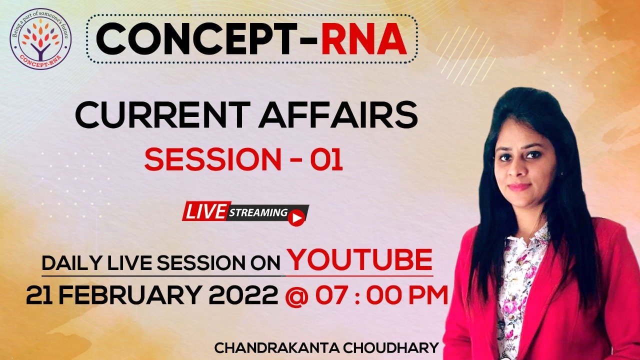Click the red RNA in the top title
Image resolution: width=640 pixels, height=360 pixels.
tap(364, 39)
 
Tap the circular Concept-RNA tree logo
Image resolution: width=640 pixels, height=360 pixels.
tap(40, 38)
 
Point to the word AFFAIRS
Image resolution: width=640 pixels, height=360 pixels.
tap(338, 115)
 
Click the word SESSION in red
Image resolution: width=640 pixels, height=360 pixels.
tap(213, 160)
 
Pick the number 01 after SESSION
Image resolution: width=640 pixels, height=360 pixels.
tap(327, 160)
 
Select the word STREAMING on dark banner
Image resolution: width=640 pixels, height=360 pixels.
tap(258, 213)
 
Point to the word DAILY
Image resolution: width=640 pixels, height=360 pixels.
tap(72, 263)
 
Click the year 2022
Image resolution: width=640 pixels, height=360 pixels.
tap(243, 295)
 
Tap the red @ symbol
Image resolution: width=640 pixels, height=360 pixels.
tap(297, 296)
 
